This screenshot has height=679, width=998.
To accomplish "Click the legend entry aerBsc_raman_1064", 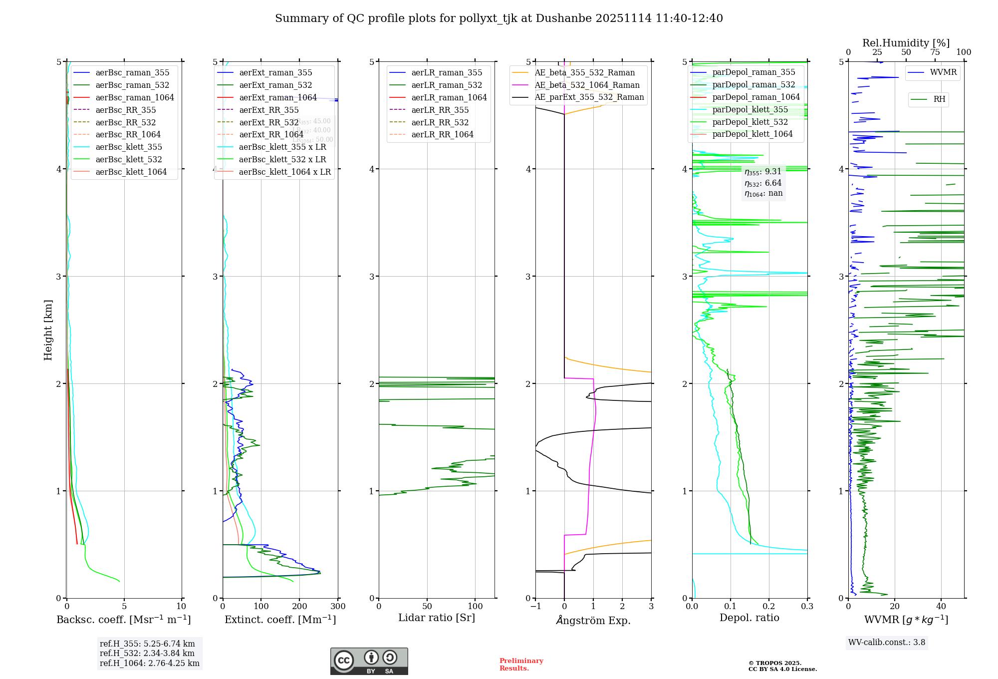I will (x=135, y=97).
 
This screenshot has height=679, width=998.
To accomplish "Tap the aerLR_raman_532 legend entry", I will (x=447, y=85).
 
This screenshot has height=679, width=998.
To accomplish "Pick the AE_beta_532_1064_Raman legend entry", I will (x=587, y=85).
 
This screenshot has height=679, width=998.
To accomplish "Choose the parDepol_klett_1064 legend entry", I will (x=752, y=134).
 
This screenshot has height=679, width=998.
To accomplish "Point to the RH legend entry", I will (x=939, y=99).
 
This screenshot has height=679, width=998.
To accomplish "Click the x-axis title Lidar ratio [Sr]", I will (x=437, y=618).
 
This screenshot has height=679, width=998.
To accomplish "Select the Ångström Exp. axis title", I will (x=593, y=620).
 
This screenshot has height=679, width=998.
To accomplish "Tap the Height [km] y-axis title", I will (x=48, y=330).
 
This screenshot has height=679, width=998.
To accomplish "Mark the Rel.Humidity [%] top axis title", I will (x=906, y=43).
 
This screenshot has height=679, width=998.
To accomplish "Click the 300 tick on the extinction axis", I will (x=338, y=606).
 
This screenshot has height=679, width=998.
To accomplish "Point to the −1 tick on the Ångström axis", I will (x=535, y=606).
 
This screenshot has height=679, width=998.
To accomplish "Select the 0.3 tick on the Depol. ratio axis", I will (x=807, y=606).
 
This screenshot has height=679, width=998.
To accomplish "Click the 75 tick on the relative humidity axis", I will (x=935, y=52).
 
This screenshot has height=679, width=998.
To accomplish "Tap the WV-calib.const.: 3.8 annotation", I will (x=887, y=643).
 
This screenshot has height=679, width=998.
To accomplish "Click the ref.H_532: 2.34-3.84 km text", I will (x=147, y=653).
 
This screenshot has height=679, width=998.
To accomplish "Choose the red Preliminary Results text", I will (x=521, y=664).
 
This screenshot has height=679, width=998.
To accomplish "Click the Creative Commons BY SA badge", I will (x=369, y=661).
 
